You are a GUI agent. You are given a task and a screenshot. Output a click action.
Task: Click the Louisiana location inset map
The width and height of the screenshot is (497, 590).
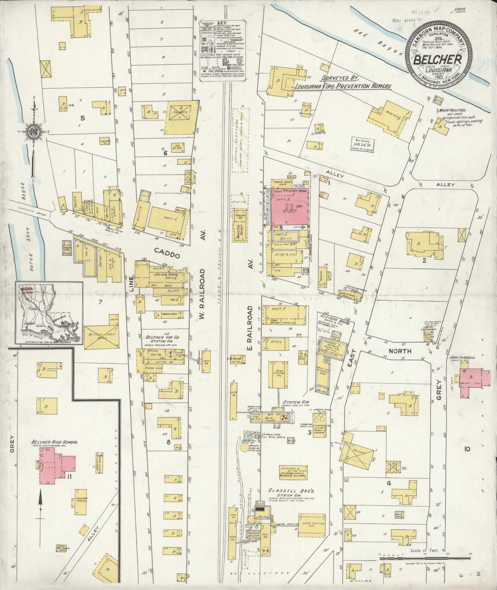[x=48, y=313]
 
